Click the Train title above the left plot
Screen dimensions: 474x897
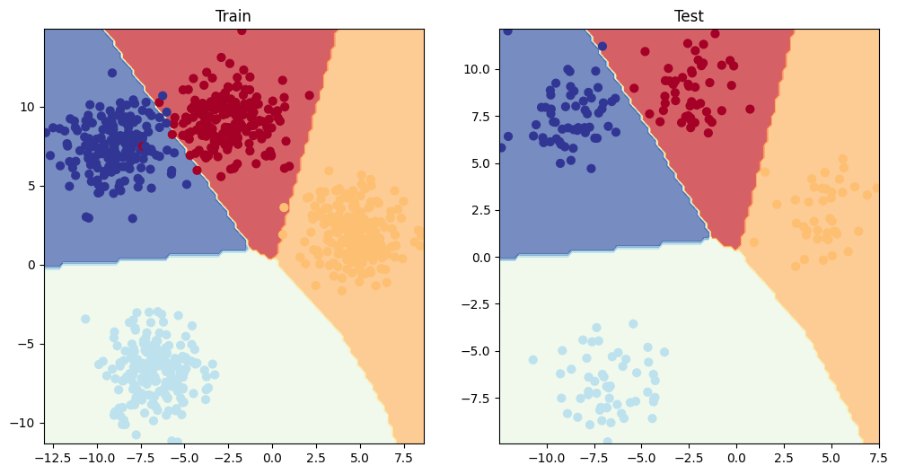pyautogui.click(x=233, y=16)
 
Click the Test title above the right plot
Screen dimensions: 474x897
pyautogui.click(x=689, y=16)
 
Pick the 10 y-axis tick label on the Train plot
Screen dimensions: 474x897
pyautogui.click(x=27, y=107)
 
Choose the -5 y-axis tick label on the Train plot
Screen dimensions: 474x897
pyautogui.click(x=27, y=344)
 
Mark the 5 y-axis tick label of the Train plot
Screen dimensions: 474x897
pyautogui.click(x=31, y=186)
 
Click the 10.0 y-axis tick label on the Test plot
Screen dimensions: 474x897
pyautogui.click(x=475, y=69)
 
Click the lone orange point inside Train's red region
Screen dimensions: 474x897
pyautogui.click(x=284, y=207)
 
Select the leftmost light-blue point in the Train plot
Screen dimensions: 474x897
pyautogui.click(x=85, y=319)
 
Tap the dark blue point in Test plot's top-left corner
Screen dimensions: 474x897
pyautogui.click(x=507, y=31)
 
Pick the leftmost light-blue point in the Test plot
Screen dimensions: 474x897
pyautogui.click(x=532, y=359)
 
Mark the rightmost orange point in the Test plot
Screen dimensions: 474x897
pyautogui.click(x=877, y=188)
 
